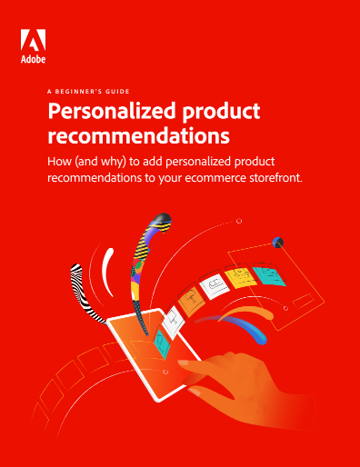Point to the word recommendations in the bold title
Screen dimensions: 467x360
[137, 138]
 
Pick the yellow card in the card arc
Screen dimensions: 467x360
[238, 278]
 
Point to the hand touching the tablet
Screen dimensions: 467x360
[236, 382]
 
